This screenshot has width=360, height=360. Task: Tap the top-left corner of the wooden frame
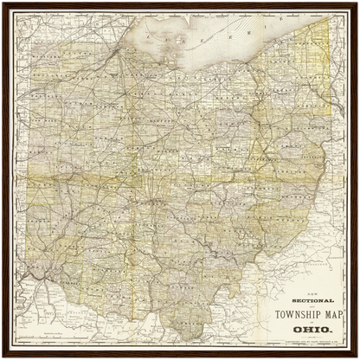3,3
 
